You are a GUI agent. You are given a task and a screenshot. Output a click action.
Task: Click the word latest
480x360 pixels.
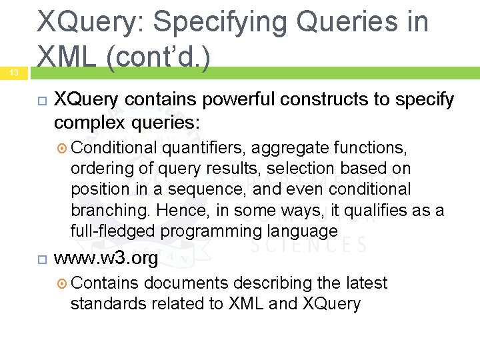point(366,283)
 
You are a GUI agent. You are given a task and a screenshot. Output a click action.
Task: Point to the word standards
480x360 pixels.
point(109,305)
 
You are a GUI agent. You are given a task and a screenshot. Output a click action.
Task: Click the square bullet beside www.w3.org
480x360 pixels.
point(41,259)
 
